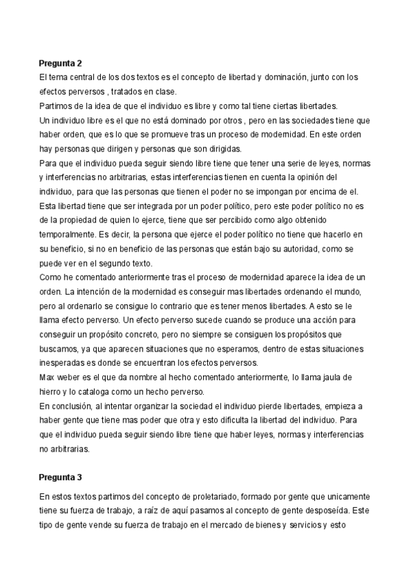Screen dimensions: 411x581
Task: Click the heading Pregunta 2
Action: tap(61, 63)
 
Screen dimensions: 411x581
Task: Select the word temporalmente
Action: tap(71, 234)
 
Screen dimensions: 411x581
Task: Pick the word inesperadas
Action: tap(66, 363)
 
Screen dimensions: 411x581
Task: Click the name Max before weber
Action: tap(48, 378)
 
